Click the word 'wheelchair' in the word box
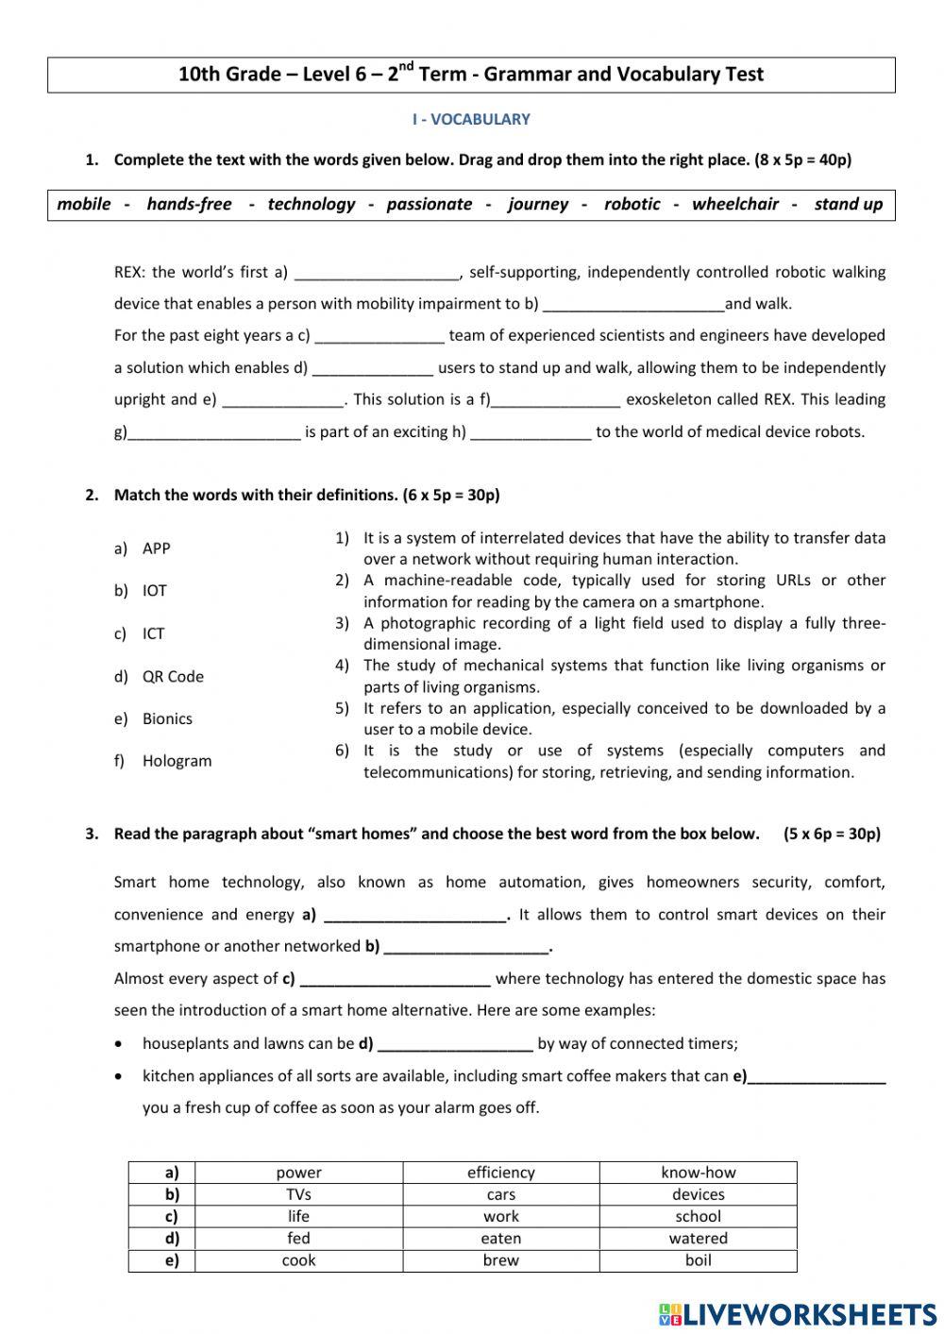click(x=735, y=204)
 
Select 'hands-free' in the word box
click(x=189, y=204)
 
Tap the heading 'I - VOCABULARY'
click(x=471, y=119)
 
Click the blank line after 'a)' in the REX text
click(x=376, y=274)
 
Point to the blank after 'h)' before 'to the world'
click(x=531, y=433)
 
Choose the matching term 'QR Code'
click(x=173, y=676)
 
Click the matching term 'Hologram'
click(x=177, y=761)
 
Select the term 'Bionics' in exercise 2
click(x=167, y=718)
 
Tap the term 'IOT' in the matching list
click(x=155, y=591)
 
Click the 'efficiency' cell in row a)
click(x=500, y=1173)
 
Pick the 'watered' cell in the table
click(x=698, y=1238)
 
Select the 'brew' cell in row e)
click(x=500, y=1260)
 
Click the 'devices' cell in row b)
click(x=698, y=1194)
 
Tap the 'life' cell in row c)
click(x=298, y=1216)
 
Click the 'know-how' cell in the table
click(x=698, y=1173)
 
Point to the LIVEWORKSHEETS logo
click(x=798, y=1313)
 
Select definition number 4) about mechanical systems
click(x=623, y=676)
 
